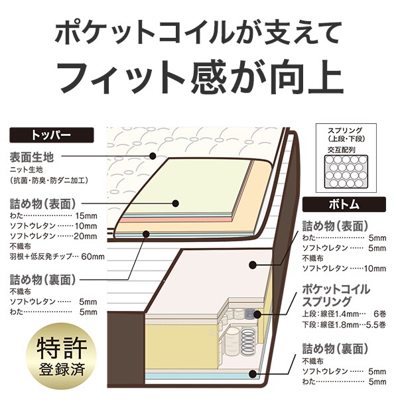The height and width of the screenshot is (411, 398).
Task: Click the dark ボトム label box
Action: click(x=343, y=205)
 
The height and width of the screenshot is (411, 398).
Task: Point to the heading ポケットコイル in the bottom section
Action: click(x=336, y=290)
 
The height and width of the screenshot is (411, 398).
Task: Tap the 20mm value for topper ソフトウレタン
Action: click(x=86, y=236)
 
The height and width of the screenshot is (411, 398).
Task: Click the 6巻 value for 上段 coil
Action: click(x=379, y=313)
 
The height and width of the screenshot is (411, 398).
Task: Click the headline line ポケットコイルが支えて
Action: click(x=199, y=32)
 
